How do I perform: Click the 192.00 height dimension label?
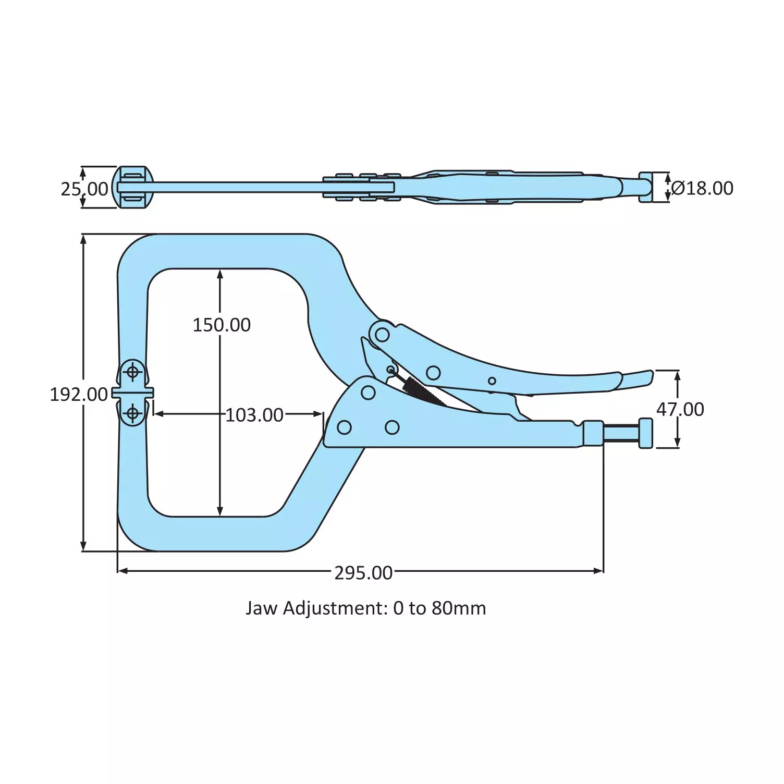pyautogui.click(x=78, y=394)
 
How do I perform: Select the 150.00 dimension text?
pyautogui.click(x=222, y=325)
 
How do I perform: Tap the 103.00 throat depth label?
pyautogui.click(x=254, y=415)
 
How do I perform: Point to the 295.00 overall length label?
pyautogui.click(x=363, y=572)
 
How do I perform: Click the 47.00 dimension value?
pyautogui.click(x=680, y=409)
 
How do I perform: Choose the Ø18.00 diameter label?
pyautogui.click(x=702, y=188)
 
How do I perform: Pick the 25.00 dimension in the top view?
pyautogui.click(x=84, y=189)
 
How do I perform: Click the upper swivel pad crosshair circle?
pyautogui.click(x=133, y=372)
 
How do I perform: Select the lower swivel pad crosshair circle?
pyautogui.click(x=133, y=414)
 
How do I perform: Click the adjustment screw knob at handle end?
pyautogui.click(x=645, y=433)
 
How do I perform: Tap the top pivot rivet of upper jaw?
pyautogui.click(x=382, y=333)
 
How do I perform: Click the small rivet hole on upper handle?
pyautogui.click(x=492, y=381)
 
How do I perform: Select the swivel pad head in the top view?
pyautogui.click(x=133, y=188)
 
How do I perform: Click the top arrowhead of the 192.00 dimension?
pyautogui.click(x=83, y=239)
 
